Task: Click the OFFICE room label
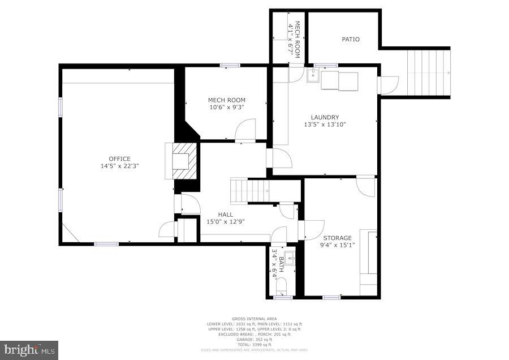[x=120, y=158]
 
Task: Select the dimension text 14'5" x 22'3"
[x=120, y=166]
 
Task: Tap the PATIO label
[x=351, y=40]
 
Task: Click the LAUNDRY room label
[x=325, y=117]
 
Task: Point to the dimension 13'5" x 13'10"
[x=325, y=125]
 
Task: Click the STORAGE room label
[x=338, y=238]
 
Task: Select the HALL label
[x=226, y=215]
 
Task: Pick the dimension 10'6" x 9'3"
[x=226, y=108]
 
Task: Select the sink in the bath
[x=289, y=259]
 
